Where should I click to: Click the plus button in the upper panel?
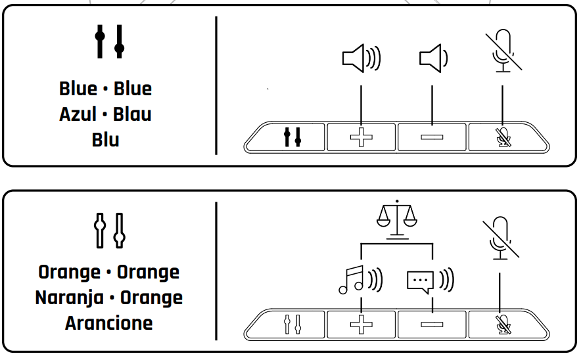(x=361, y=137)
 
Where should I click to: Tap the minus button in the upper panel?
(x=432, y=137)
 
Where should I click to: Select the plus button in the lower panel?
(x=361, y=323)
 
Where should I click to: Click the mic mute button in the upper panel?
(x=503, y=137)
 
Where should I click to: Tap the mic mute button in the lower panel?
(x=503, y=323)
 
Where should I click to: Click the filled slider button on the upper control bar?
(x=292, y=137)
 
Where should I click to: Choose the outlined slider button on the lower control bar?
(x=292, y=323)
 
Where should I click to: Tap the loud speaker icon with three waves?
(x=361, y=58)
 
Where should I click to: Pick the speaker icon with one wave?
(x=433, y=58)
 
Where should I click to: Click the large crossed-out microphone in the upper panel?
(x=503, y=50)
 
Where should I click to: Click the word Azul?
(x=78, y=114)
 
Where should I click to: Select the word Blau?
(x=132, y=114)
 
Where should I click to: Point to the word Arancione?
(x=109, y=323)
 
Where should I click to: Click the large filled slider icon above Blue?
(x=109, y=41)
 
